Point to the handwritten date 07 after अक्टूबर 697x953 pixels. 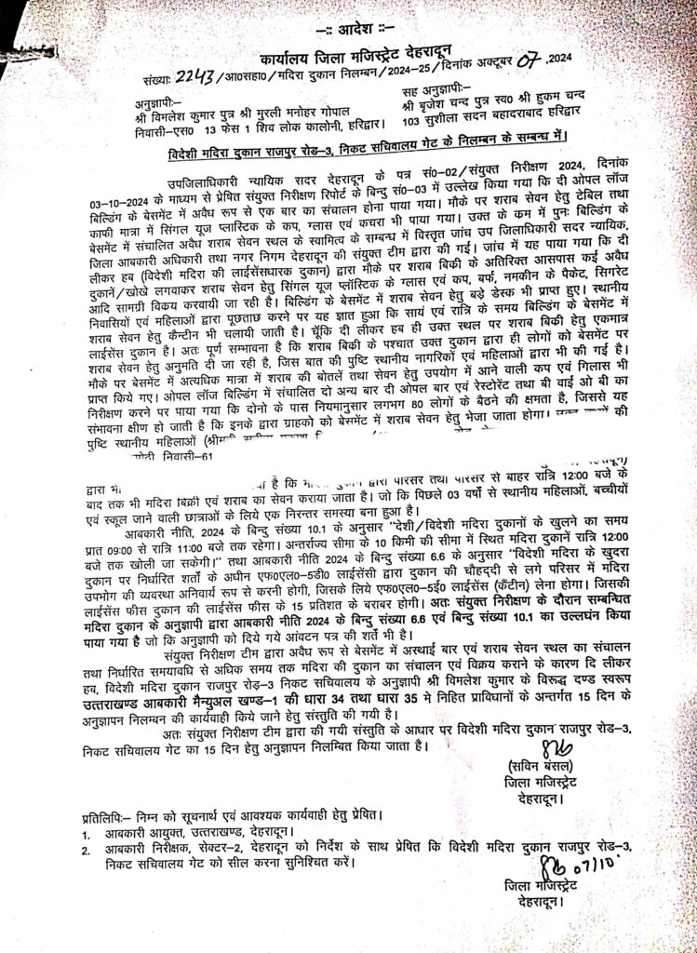pyautogui.click(x=529, y=61)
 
